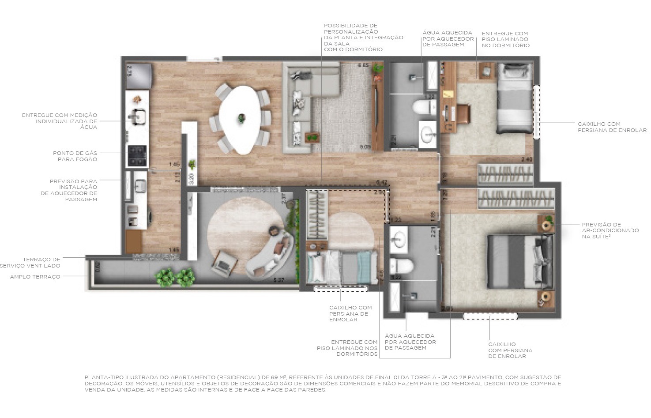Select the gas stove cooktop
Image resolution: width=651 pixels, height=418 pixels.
pos(137,155)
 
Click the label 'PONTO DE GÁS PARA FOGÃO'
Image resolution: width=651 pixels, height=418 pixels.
pos(75,156)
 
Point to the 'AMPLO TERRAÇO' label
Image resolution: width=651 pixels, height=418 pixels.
pos(35,277)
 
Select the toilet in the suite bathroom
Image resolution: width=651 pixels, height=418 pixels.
pos(401,266)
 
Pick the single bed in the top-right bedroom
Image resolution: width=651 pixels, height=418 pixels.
pos(514,98)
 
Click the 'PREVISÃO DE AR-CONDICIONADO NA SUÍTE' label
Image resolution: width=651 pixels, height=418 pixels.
pos(610,230)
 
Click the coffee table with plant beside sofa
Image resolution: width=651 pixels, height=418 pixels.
pos(312,137)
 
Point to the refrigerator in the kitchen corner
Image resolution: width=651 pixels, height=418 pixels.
pos(139,75)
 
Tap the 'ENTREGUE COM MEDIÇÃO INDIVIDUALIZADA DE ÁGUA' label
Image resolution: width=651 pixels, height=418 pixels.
pos(60,121)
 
